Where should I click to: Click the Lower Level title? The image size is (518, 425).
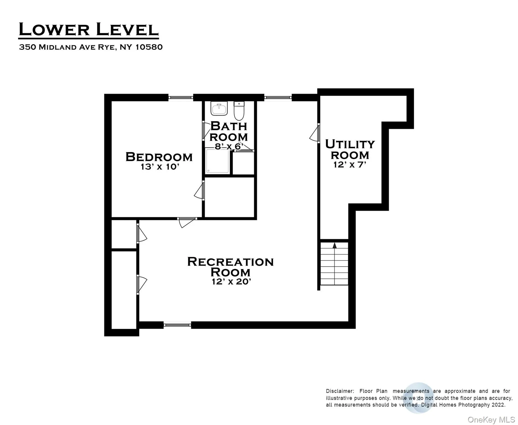pos(88,30)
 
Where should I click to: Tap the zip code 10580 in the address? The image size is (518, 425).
pos(149,47)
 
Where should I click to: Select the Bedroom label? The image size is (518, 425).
pos(159,157)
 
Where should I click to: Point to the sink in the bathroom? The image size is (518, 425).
pos(219,108)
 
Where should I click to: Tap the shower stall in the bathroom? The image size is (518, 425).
pos(217,161)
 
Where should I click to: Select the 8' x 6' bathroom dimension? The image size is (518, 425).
pos(229,146)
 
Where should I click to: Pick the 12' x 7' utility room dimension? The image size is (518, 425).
pos(350,165)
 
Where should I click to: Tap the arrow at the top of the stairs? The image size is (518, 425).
pos(334,245)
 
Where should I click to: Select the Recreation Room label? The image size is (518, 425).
pos(230,267)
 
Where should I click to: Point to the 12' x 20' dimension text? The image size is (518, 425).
pos(231,282)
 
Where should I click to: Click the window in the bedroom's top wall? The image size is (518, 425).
pos(181,97)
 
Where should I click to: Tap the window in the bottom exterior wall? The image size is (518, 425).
pos(177,325)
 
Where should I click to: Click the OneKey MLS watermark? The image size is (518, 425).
pos(491,420)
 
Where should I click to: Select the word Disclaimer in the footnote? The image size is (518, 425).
pos(340,391)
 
